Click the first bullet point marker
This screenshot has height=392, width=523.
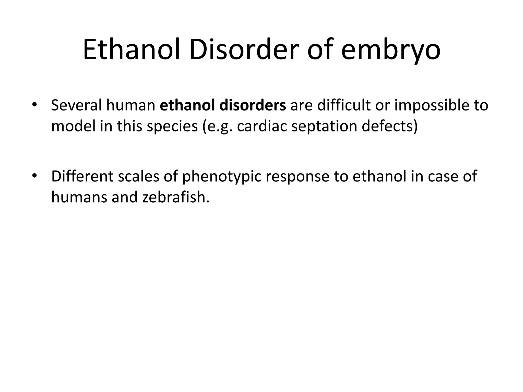(x=34, y=105)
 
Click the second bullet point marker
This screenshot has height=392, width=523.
(x=34, y=176)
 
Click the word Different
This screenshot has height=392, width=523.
(x=82, y=176)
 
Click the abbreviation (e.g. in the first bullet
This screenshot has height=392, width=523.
(x=217, y=127)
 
